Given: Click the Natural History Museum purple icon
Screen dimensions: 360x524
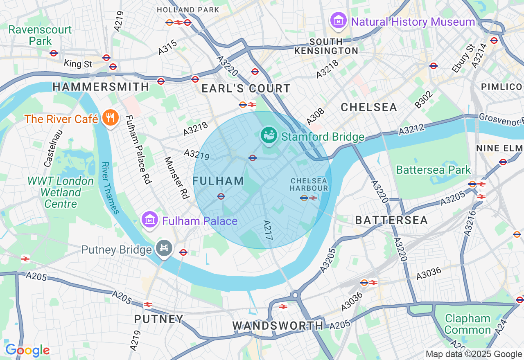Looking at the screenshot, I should [339, 21].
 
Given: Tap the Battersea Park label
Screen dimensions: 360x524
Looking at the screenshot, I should [433, 170].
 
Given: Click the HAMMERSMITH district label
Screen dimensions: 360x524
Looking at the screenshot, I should [101, 87].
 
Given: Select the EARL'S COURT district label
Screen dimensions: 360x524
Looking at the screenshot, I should [246, 88].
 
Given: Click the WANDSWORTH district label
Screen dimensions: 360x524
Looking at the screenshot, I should [278, 326].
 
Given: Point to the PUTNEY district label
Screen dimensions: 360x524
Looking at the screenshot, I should [159, 319].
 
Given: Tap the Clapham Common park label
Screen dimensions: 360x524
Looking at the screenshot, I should [468, 324].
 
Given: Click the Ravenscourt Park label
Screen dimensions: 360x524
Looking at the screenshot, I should [40, 35].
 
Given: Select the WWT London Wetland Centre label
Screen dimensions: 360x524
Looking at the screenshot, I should [61, 192].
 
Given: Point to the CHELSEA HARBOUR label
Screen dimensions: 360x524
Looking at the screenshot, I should [309, 184].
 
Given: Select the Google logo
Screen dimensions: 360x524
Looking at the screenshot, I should [27, 350].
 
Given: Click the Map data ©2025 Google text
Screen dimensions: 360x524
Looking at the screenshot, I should [474, 354].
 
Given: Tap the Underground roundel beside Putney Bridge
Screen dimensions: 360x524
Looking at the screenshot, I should [183, 252].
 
